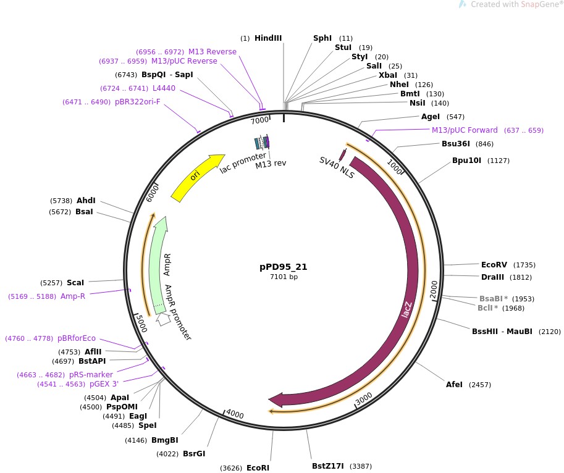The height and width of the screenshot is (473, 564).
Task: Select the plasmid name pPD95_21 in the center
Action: click(283, 267)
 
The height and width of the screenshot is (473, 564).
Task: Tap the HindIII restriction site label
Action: click(268, 38)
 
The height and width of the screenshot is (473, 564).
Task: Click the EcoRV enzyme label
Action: click(494, 264)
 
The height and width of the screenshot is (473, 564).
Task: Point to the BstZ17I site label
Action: click(329, 466)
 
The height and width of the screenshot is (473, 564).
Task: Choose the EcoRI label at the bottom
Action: click(258, 468)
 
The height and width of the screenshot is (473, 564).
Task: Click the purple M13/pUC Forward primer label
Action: click(465, 130)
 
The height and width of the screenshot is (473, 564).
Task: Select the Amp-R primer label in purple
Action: click(72, 296)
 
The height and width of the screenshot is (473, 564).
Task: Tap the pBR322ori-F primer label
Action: click(137, 102)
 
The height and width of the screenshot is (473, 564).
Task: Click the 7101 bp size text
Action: click(283, 277)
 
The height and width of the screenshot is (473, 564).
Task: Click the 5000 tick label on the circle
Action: click(141, 321)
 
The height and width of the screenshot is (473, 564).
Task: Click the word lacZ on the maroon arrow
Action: click(406, 309)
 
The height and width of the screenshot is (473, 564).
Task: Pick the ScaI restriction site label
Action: click(75, 283)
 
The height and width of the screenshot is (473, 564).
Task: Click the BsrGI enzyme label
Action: click(193, 454)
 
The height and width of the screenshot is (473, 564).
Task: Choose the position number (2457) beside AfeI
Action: click(479, 385)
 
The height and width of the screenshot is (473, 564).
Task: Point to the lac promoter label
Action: click(242, 162)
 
